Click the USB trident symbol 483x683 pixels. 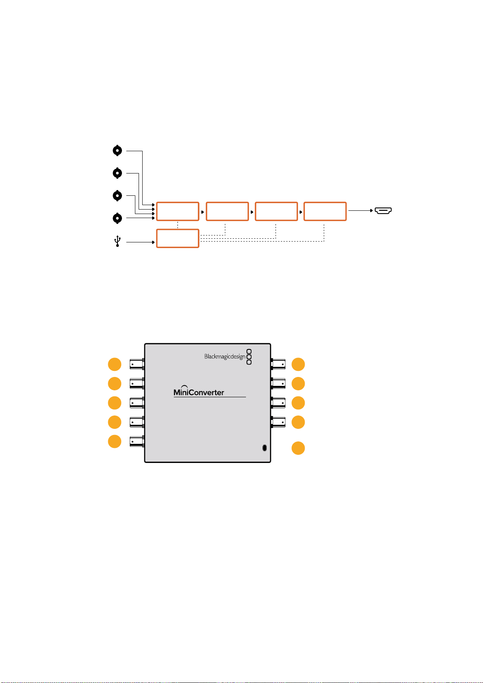coord(118,241)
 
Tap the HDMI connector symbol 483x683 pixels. coord(383,210)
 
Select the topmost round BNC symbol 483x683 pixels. coord(118,150)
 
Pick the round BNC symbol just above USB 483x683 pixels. coord(118,218)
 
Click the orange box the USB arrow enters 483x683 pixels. coord(177,238)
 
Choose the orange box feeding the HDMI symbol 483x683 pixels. coord(325,211)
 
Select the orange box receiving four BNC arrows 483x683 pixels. coord(177,211)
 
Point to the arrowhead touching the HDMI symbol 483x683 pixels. coord(372,210)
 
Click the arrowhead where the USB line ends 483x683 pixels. coord(153,242)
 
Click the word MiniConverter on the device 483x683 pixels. coord(199,392)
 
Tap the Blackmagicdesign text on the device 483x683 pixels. coord(224,356)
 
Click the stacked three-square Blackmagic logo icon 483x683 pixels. coord(249,357)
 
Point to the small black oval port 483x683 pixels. coord(265,447)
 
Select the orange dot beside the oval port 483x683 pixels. coord(298,448)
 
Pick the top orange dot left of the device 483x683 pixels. coord(115,364)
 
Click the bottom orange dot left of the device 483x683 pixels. coord(115,441)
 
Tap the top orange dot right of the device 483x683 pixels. coord(298,364)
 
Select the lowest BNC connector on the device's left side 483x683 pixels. coord(137,441)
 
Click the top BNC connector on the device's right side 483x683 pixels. coord(278,364)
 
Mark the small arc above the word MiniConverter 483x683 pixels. coord(184,386)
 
